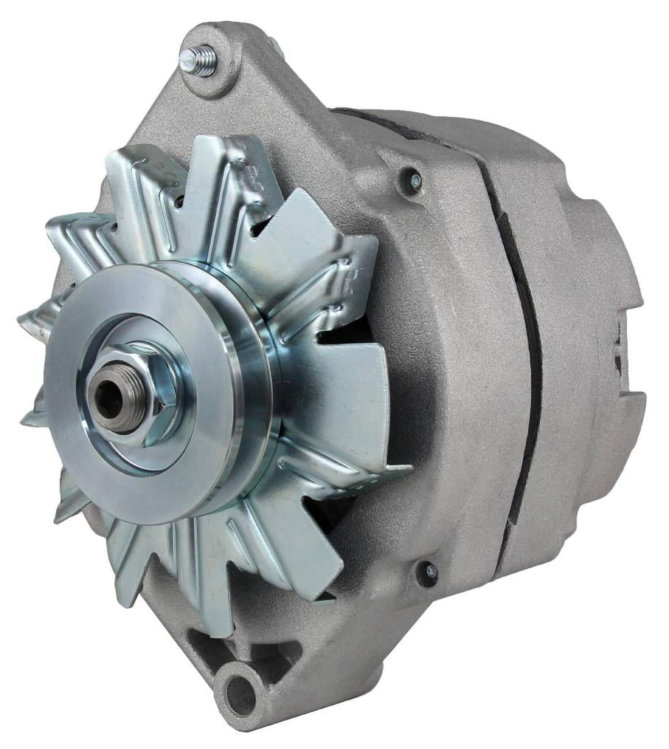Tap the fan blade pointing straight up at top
[217, 173]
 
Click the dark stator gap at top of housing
[386, 125]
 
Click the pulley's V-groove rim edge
[254, 368]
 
